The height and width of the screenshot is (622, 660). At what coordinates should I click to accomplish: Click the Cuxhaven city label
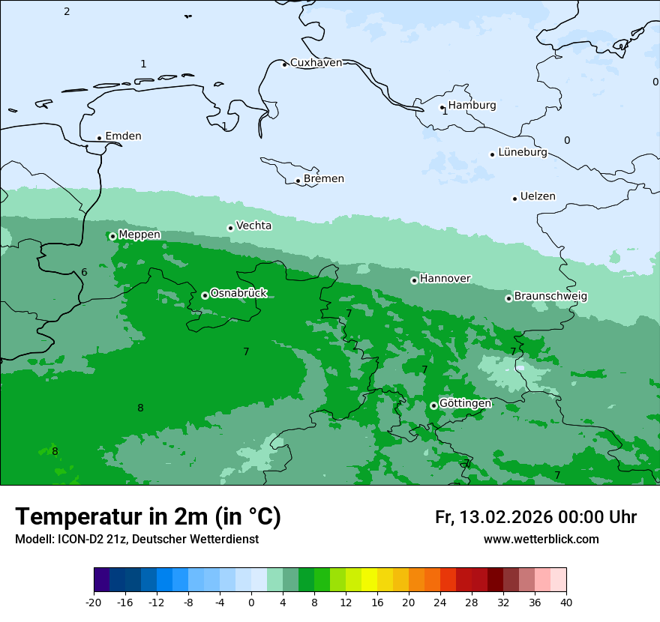316,63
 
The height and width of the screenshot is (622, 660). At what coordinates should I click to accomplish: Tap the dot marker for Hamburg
442,107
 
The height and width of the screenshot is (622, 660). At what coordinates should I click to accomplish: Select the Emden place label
123,136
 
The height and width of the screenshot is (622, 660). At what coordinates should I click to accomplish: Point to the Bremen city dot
298,181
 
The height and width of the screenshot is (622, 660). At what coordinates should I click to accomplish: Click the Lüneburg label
522,152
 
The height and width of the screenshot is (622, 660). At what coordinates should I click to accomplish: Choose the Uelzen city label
538,196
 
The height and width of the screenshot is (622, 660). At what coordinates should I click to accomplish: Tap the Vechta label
253,226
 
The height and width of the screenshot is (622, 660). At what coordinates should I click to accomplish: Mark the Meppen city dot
112,236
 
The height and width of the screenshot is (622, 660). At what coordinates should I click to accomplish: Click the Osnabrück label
238,293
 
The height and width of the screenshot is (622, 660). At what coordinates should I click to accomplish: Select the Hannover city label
445,279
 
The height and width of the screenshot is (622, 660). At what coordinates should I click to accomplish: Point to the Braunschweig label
550,296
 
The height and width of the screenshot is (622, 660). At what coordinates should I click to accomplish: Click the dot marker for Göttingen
433,405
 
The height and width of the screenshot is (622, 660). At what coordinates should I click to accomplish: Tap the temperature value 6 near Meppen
84,272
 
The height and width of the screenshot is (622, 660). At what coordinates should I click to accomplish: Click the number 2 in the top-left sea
67,11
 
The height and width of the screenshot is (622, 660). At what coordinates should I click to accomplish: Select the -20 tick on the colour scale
94,602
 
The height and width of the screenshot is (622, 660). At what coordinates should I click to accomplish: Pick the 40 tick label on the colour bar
566,602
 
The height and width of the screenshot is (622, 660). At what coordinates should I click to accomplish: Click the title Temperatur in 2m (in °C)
148,516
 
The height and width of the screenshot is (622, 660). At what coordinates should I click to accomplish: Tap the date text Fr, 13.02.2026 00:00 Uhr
535,517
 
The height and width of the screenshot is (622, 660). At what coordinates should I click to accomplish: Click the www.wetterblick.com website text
541,540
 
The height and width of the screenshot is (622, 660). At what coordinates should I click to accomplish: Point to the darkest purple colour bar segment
101,580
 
